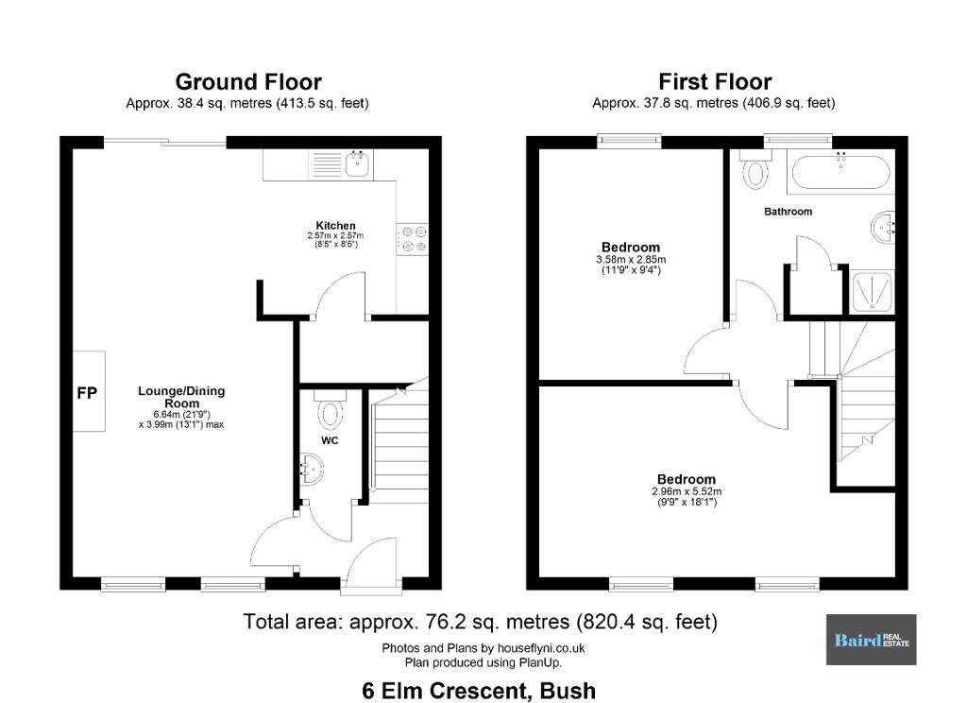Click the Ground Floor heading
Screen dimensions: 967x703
(x=248, y=82)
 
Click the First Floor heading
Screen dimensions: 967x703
(x=715, y=82)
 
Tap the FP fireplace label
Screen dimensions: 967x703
(x=87, y=392)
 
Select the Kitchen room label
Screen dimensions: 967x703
(x=335, y=225)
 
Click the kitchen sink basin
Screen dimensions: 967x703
(x=358, y=164)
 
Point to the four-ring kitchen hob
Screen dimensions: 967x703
(x=413, y=239)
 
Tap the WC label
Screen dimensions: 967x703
(x=330, y=440)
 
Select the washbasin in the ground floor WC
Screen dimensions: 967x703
(x=312, y=469)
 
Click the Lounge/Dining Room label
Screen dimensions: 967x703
(x=181, y=397)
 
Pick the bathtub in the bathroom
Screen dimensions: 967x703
(x=840, y=172)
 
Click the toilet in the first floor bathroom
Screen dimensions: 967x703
(x=755, y=170)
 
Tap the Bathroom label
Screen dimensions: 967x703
(x=789, y=212)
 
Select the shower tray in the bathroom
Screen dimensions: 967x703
(x=871, y=291)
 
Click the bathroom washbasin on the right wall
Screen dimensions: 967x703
(x=883, y=228)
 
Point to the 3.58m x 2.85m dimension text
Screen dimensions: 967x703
(x=631, y=260)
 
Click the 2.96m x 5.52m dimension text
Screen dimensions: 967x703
(x=687, y=492)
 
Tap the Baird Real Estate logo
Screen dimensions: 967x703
(x=871, y=640)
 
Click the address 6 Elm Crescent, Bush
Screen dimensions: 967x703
(x=479, y=690)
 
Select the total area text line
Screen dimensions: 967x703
(x=481, y=622)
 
